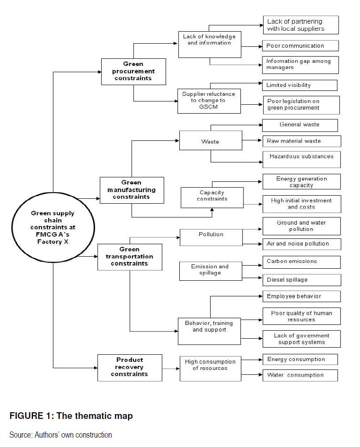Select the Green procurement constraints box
coord(133,71)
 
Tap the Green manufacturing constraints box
coord(132,189)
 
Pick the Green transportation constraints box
coord(129,257)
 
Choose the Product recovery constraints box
coord(129,367)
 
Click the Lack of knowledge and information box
coord(209,44)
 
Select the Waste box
coord(210,140)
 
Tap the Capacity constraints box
coord(212,197)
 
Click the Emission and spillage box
coord(210,271)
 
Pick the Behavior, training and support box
coord(209,330)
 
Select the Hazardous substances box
coord(301,159)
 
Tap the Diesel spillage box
coord(301,280)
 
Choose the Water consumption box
coord(299,375)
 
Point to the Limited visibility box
coord(299,85)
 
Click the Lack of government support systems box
coord(301,339)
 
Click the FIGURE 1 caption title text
coord(71,416)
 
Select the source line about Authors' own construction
coord(61,435)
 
